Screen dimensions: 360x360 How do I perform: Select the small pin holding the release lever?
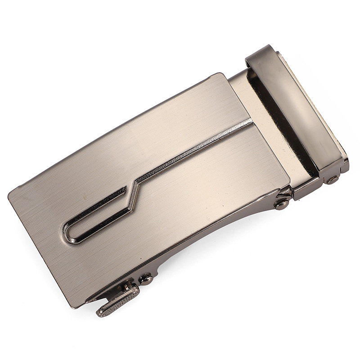129,286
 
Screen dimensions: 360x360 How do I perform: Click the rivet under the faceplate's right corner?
282,204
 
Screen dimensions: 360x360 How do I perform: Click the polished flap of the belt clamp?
297,108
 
